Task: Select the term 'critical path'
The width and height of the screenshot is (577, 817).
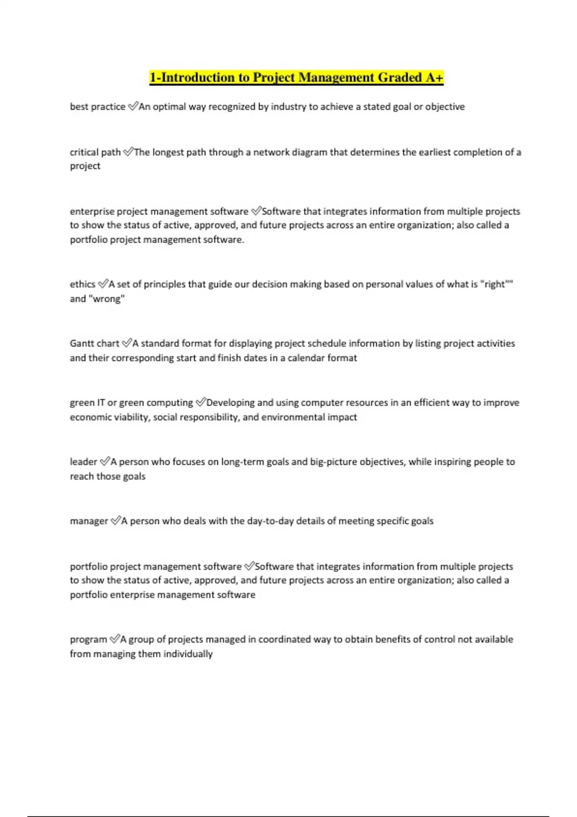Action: pyautogui.click(x=95, y=152)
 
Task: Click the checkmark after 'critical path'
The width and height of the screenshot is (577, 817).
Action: pyautogui.click(x=128, y=152)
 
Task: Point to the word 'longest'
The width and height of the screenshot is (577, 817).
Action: pyautogui.click(x=168, y=152)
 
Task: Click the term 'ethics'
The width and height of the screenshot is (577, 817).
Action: pyautogui.click(x=83, y=285)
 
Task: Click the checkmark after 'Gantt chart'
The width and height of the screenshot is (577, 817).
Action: pyautogui.click(x=126, y=343)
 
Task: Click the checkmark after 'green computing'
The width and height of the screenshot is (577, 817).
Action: pyautogui.click(x=201, y=402)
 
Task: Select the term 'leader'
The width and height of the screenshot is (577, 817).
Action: pyautogui.click(x=84, y=462)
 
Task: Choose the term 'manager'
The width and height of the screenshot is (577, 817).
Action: pyautogui.click(x=89, y=521)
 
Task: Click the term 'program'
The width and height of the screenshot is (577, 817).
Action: pyautogui.click(x=88, y=640)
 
